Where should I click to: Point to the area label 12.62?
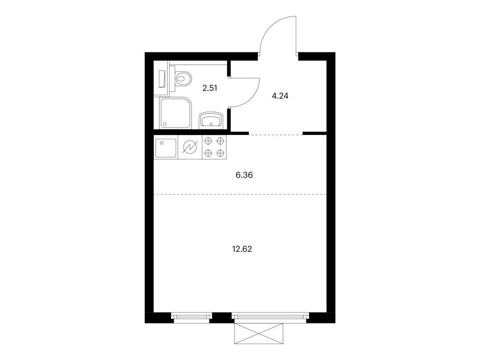pyautogui.click(x=241, y=249)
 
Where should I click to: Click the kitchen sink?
pyautogui.click(x=165, y=147)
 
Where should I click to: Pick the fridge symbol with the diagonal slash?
pyautogui.click(x=190, y=147)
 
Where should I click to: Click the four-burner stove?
pyautogui.click(x=215, y=147)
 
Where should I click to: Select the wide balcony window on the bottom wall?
pyautogui.click(x=270, y=317)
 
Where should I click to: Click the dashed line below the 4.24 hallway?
pyautogui.click(x=276, y=134)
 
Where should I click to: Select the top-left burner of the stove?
pyautogui.click(x=209, y=141)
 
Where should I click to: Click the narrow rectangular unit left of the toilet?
pyautogui.click(x=162, y=78)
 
